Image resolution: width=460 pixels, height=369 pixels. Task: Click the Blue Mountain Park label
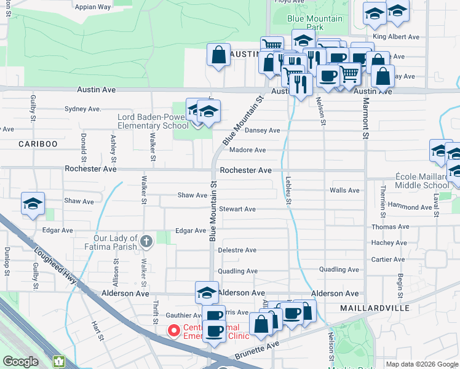click(315, 23)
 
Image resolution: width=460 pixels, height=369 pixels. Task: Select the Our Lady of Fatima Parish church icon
click(146, 241)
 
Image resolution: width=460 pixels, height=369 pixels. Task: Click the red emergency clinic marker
click(174, 331)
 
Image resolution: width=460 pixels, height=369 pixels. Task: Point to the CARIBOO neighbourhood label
click(38, 143)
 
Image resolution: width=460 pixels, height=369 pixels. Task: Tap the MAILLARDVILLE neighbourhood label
click(375, 307)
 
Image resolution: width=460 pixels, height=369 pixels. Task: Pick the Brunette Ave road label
click(256, 349)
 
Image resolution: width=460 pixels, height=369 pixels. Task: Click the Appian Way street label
click(92, 7)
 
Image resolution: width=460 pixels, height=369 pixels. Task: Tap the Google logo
click(20, 362)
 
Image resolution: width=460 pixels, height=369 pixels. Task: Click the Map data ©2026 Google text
click(421, 364)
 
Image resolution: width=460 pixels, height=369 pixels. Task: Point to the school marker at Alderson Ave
click(207, 292)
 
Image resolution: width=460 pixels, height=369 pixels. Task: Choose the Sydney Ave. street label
click(82, 109)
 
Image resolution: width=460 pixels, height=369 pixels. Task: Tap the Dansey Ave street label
click(263, 130)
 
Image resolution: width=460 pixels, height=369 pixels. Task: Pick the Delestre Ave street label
click(237, 250)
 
